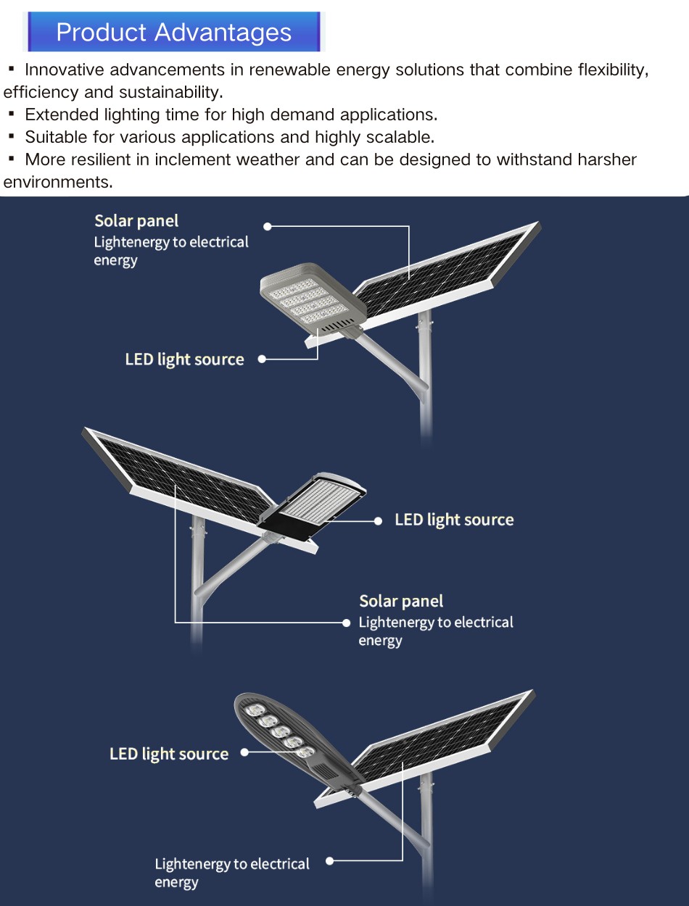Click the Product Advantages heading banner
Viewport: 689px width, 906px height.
coord(174,32)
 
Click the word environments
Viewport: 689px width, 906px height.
coord(58,182)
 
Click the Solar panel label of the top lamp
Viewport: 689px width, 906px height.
coord(136,221)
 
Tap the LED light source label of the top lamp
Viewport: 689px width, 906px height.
coord(184,360)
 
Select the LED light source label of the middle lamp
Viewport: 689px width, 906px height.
coord(454,520)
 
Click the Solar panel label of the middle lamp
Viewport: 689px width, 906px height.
coord(401,601)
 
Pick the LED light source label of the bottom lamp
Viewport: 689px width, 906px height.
coord(169,754)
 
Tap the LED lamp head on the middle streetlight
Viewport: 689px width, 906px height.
coord(313,506)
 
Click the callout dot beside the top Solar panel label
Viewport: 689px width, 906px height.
coord(268,226)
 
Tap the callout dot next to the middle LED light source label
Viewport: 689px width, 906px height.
coord(378,521)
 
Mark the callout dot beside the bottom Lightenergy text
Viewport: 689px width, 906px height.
coord(329,860)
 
